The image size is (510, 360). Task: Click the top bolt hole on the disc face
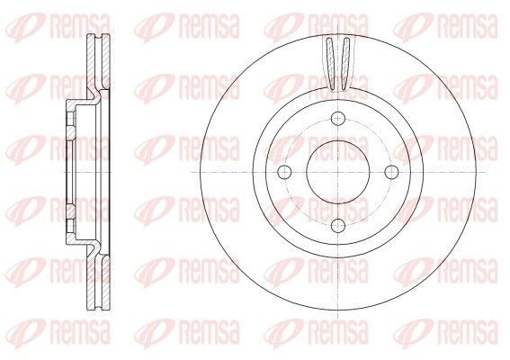[x=337, y=119]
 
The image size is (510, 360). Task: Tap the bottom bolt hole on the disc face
[x=337, y=225]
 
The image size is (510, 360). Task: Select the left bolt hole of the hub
[x=284, y=172]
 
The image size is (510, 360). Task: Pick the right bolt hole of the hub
[x=390, y=172]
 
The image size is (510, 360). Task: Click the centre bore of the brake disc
[x=337, y=172]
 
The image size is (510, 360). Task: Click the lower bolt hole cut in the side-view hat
[x=69, y=212]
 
